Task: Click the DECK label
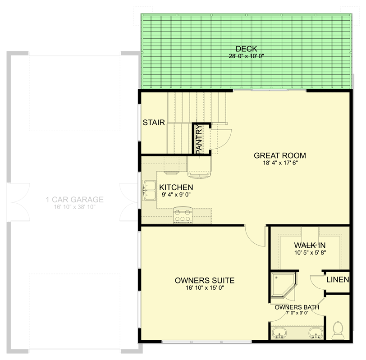[246, 49]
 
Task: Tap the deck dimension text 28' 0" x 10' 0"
[246, 56]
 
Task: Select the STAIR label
[154, 123]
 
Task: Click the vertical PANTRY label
[199, 139]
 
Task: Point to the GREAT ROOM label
[277, 155]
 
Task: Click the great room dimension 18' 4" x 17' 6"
[277, 163]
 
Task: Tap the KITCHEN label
[176, 187]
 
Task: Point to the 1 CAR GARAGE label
[74, 200]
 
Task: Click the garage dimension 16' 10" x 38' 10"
[74, 207]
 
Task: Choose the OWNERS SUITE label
[205, 281]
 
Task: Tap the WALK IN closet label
[310, 245]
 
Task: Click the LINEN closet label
[338, 280]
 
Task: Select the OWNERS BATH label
[297, 308]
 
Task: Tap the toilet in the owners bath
[337, 330]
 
